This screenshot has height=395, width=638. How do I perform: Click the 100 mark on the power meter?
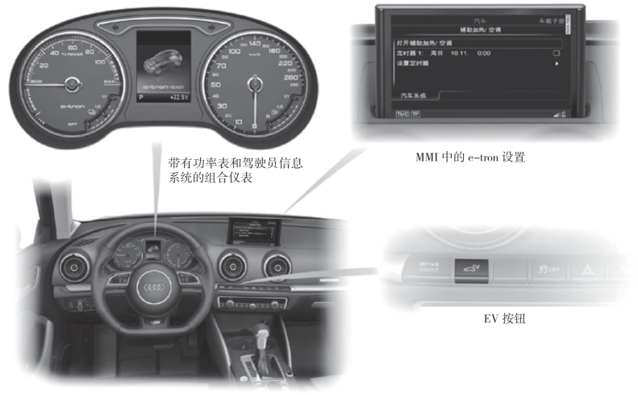[x=100, y=61]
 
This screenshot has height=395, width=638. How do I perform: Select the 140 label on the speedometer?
[x=256, y=44]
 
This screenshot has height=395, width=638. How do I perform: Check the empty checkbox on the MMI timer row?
[x=556, y=53]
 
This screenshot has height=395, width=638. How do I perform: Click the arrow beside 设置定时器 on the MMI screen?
[x=556, y=63]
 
